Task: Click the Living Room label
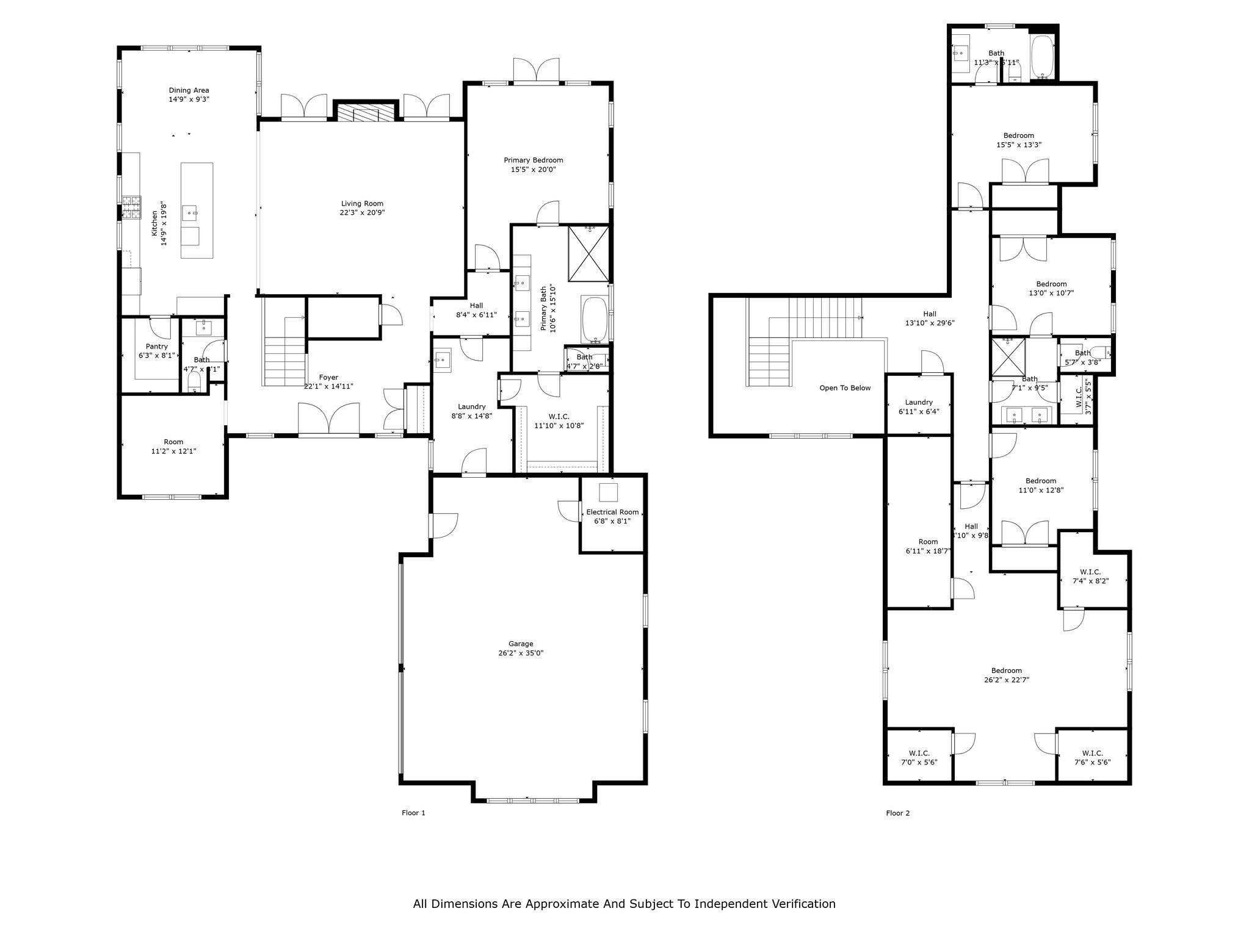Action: pyautogui.click(x=362, y=204)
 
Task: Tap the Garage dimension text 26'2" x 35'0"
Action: pyautogui.click(x=520, y=653)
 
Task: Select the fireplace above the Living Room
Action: pyautogui.click(x=366, y=113)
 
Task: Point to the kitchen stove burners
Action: pyautogui.click(x=131, y=206)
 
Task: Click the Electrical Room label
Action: pyautogui.click(x=612, y=512)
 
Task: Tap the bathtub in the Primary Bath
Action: pyautogui.click(x=594, y=319)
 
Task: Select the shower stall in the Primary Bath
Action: pyautogui.click(x=588, y=253)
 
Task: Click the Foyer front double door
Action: pyautogui.click(x=328, y=419)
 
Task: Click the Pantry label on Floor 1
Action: pyautogui.click(x=156, y=346)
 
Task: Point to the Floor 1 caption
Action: pyautogui.click(x=413, y=813)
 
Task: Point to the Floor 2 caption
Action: pyautogui.click(x=897, y=813)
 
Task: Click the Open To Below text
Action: pyautogui.click(x=845, y=387)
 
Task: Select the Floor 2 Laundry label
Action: pyautogui.click(x=918, y=402)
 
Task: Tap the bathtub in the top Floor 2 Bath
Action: pyautogui.click(x=1042, y=58)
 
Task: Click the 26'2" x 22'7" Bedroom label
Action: pyautogui.click(x=1006, y=670)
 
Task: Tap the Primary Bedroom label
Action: pyautogui.click(x=533, y=160)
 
